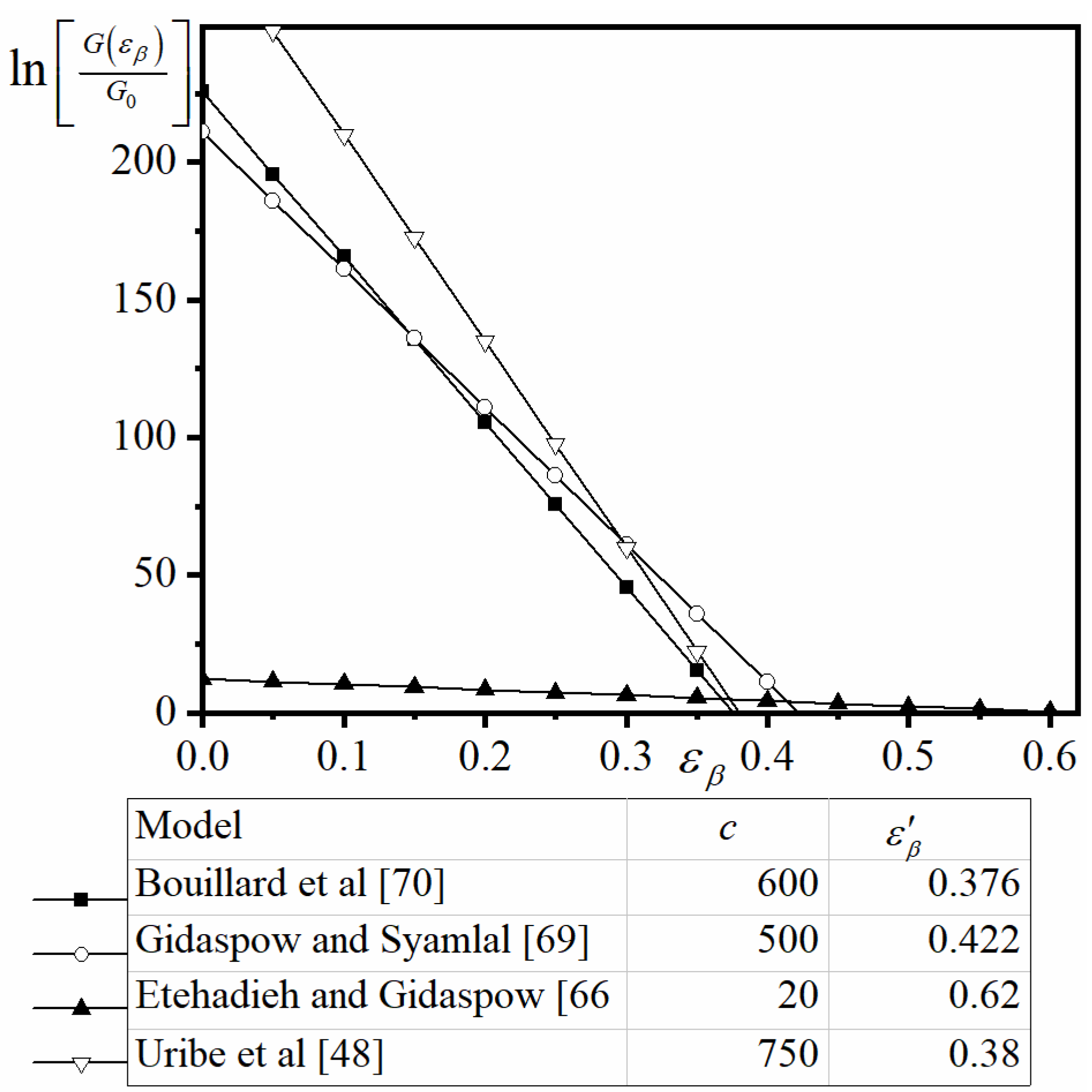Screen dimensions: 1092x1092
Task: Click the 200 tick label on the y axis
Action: coord(142,161)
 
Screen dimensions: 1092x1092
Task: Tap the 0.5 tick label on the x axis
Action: coord(908,755)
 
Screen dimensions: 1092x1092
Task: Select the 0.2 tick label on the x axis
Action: coord(485,755)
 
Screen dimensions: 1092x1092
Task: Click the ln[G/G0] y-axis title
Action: coord(98,72)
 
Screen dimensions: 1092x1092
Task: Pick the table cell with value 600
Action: coord(787,883)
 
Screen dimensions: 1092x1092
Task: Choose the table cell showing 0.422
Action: coord(973,940)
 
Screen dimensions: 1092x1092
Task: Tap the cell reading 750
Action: coord(787,1053)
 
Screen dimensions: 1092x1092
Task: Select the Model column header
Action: coord(188,826)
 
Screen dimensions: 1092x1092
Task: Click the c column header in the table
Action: coord(728,829)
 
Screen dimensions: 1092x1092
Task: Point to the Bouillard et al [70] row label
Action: coord(290,883)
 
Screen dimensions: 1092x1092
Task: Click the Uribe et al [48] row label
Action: coord(259,1053)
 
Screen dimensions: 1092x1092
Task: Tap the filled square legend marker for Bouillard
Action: coord(81,900)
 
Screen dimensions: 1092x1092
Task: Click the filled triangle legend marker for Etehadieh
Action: coord(81,1007)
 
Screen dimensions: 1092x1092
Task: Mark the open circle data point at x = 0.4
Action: coord(766,682)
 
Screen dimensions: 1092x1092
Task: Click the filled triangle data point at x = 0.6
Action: coord(1049,709)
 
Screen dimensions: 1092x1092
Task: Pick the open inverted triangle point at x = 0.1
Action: coord(343,136)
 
